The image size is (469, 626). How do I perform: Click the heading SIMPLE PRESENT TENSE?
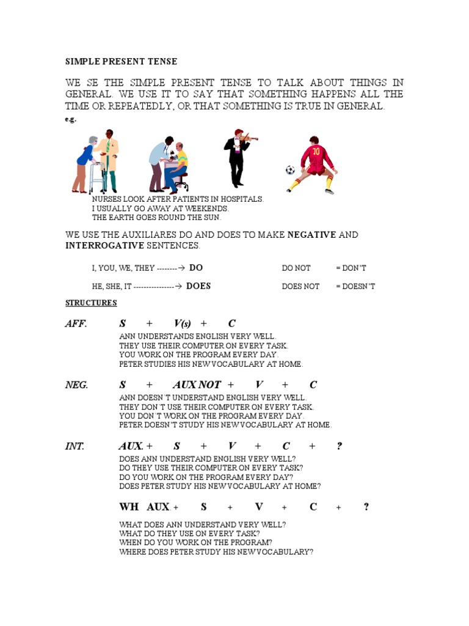click(122, 62)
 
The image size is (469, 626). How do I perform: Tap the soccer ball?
click(290, 170)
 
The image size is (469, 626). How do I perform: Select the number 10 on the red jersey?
click(316, 151)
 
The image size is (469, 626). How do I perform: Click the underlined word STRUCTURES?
click(91, 303)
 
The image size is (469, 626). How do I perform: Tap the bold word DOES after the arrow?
click(198, 285)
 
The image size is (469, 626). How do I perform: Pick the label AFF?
click(76, 323)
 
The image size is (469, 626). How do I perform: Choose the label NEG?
click(77, 385)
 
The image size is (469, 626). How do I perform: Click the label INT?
click(75, 446)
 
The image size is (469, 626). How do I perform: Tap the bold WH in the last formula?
click(129, 507)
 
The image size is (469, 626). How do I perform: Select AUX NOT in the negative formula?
click(197, 385)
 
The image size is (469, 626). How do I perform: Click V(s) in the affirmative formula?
click(183, 323)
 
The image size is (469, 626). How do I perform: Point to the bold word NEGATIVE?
click(311, 235)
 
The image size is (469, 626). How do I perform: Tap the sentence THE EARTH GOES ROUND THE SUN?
click(156, 217)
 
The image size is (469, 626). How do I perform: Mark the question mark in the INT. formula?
click(340, 446)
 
